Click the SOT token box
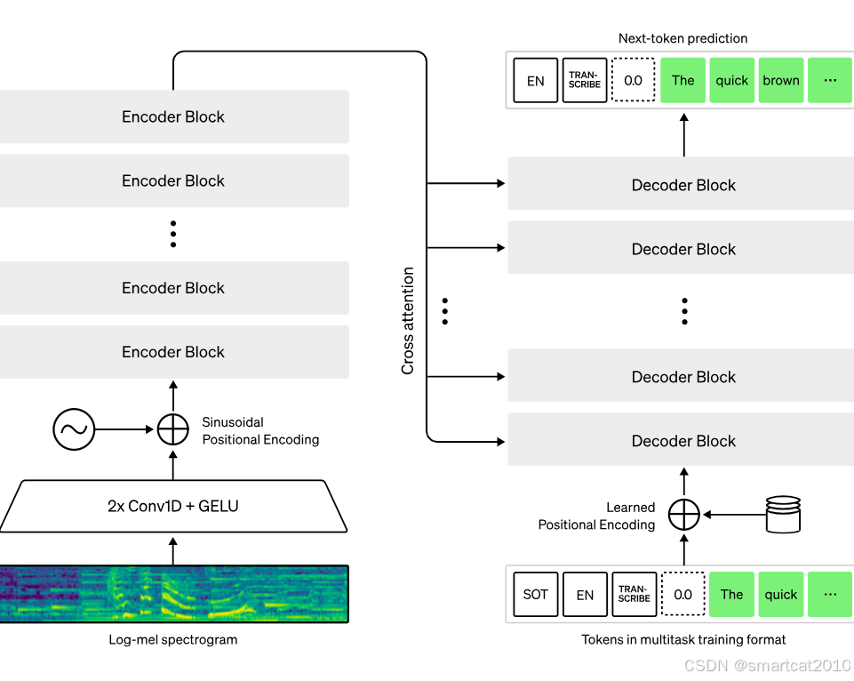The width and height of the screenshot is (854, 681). pos(535,594)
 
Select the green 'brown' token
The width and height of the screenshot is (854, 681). pos(781,80)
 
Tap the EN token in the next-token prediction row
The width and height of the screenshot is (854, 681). pos(535,80)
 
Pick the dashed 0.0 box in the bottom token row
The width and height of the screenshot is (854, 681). pos(683,594)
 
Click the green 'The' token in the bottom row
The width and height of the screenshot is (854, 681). pos(732,594)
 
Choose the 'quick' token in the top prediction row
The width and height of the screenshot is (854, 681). pos(732,80)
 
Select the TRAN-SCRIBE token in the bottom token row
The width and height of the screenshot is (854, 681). pos(634,594)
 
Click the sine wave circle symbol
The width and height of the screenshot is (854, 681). pos(74,429)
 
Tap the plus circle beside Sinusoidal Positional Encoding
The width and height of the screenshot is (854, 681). pos(173,429)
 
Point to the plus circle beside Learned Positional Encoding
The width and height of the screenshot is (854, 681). pos(684,514)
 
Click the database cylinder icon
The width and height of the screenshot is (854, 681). pos(783,514)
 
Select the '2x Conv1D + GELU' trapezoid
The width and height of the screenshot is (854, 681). pos(173,506)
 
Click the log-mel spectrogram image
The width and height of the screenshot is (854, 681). pos(174,594)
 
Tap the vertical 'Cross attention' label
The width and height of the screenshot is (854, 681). pos(407,321)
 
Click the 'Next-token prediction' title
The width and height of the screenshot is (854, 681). pos(683,38)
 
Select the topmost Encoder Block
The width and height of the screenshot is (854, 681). pos(174,116)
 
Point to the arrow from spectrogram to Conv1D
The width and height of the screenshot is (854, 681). pos(173,551)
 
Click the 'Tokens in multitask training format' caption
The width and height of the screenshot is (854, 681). pos(683,639)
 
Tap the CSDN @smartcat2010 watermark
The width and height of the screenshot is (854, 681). pos(768,665)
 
